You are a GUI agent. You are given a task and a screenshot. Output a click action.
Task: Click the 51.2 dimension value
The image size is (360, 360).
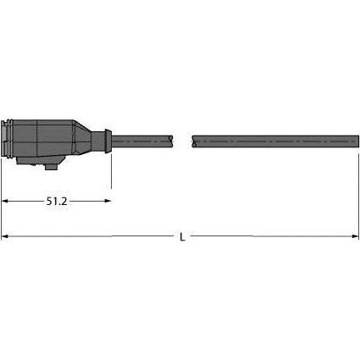(57, 202)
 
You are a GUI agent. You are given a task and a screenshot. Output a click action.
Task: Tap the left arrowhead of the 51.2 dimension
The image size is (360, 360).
(4, 202)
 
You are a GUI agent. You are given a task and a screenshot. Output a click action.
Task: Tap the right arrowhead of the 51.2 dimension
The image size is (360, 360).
(108, 202)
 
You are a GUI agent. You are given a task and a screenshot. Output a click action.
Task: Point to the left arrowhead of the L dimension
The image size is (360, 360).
(4, 236)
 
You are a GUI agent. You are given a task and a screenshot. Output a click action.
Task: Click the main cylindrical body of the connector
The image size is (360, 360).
(47, 139)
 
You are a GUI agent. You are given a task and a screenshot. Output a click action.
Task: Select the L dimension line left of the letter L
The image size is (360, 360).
(93, 236)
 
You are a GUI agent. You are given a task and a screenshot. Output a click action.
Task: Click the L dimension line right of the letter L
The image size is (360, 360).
(271, 236)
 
